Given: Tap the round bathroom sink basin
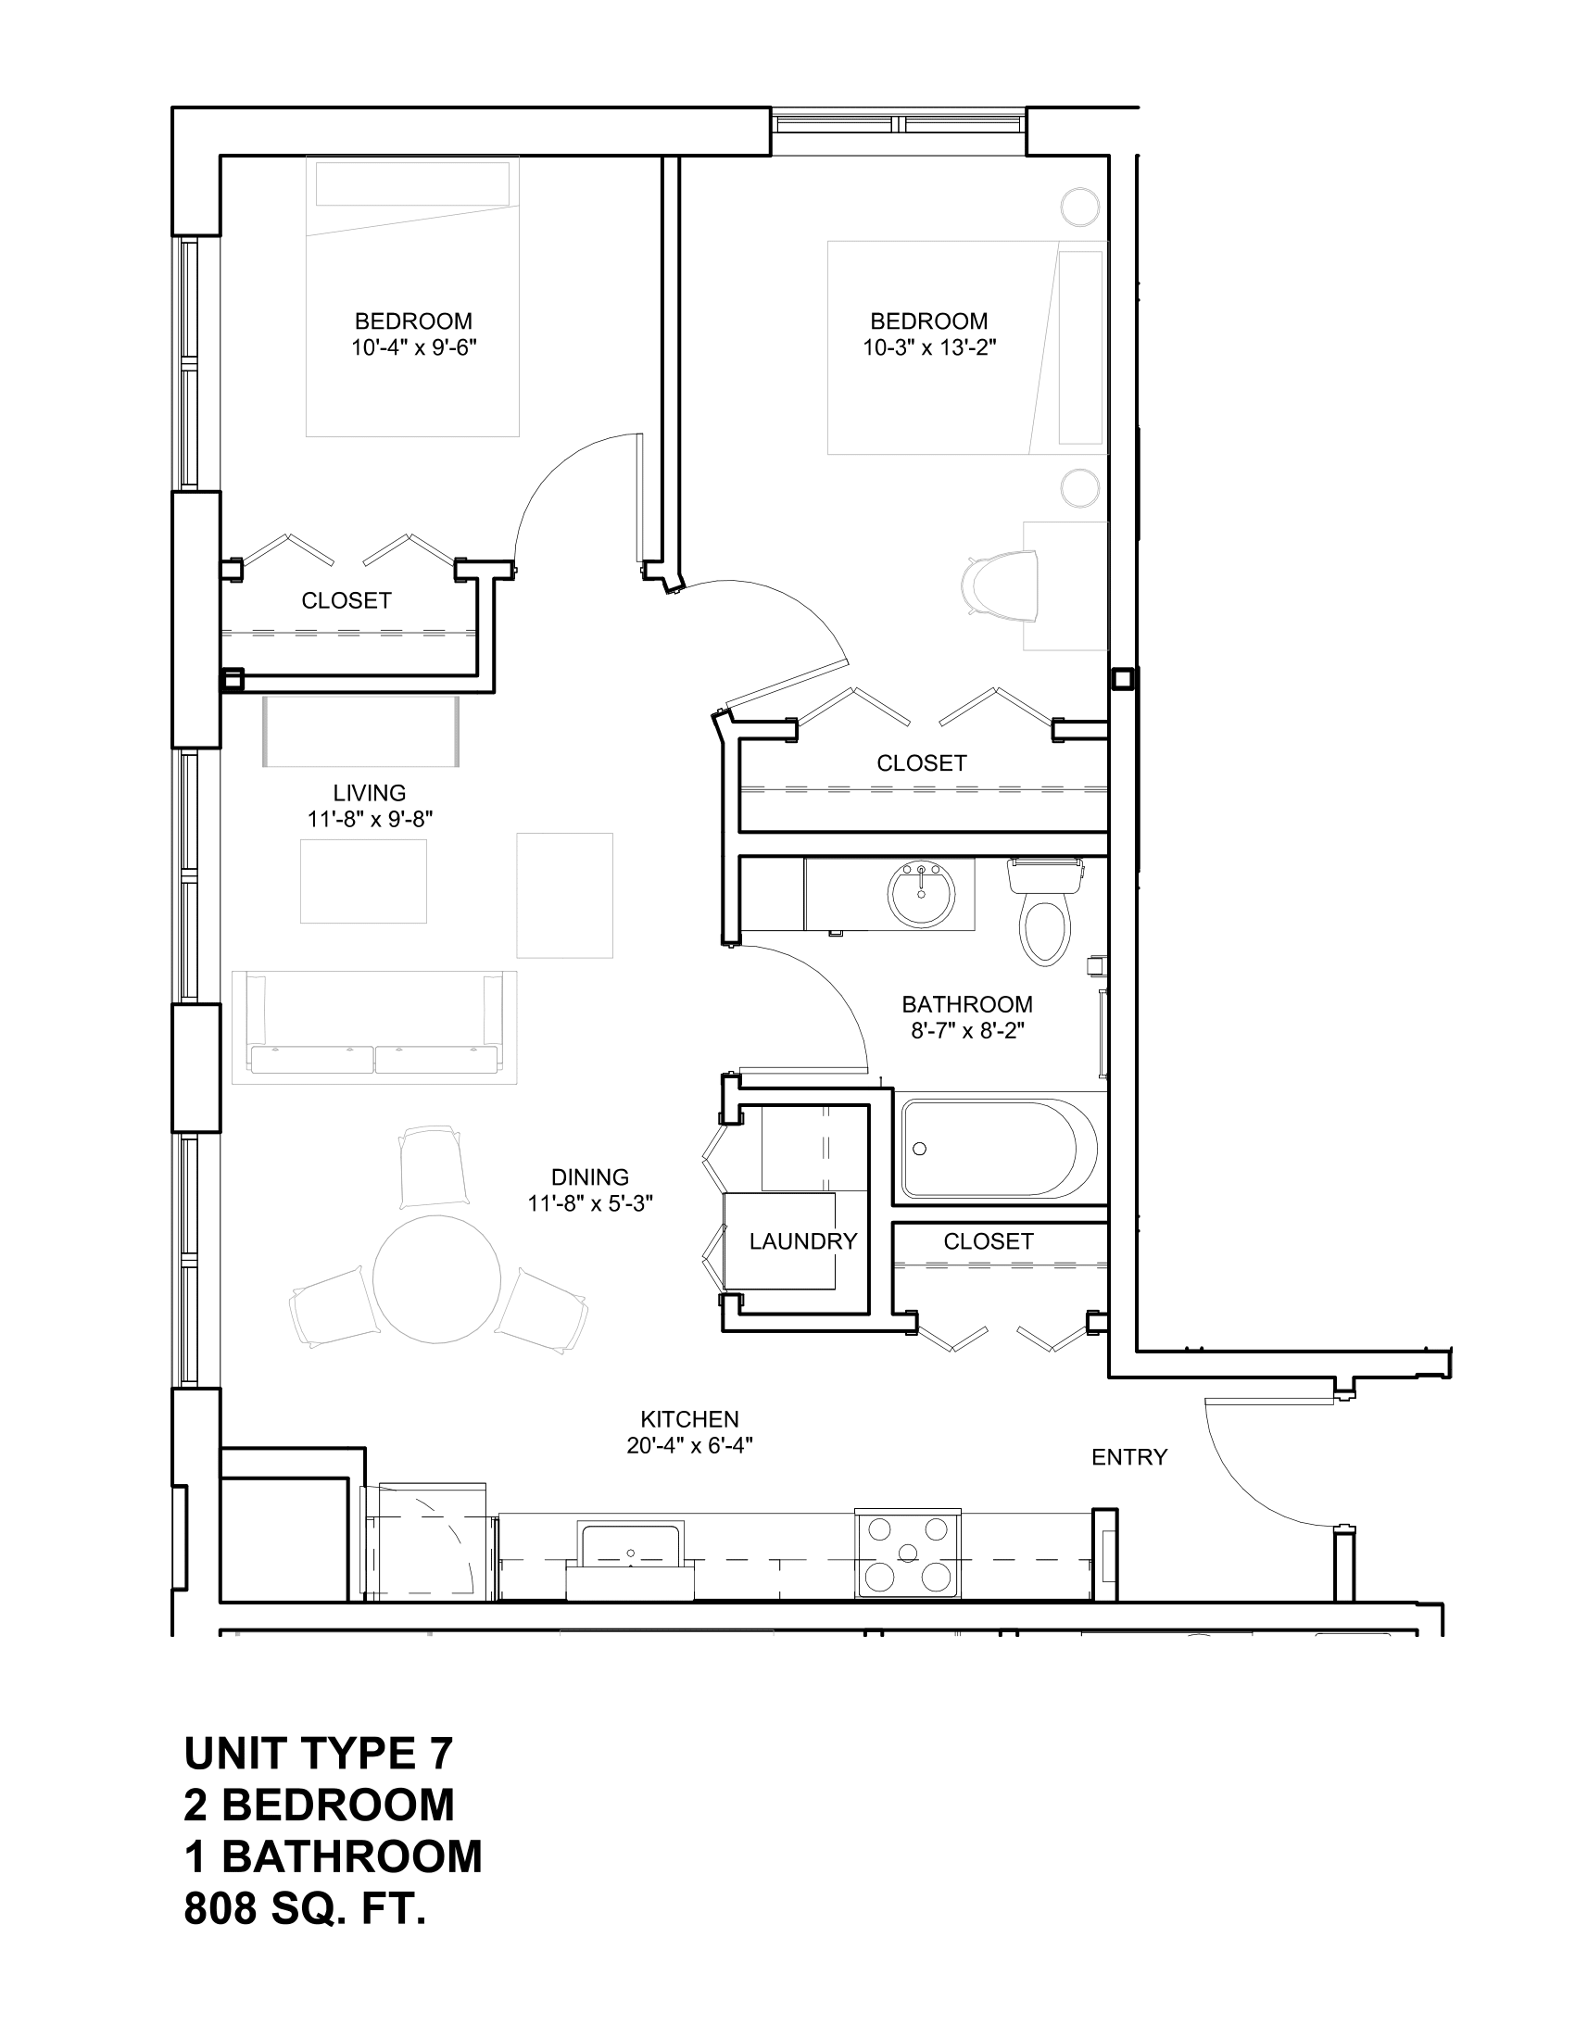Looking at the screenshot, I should (x=921, y=894).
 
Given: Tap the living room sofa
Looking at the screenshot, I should (x=374, y=1027).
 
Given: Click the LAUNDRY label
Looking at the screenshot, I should (x=802, y=1241).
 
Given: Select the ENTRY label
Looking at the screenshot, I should (x=1129, y=1456).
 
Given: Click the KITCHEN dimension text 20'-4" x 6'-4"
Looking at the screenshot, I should (x=689, y=1446).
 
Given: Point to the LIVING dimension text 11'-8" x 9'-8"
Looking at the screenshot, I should (x=371, y=819).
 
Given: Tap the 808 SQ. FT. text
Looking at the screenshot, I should (x=305, y=1909).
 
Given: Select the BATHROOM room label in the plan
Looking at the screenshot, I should (x=966, y=1004).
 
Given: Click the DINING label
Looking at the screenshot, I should (x=589, y=1176).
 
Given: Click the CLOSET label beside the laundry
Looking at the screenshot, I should (x=989, y=1241).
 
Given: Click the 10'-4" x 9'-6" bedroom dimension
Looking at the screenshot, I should (x=414, y=348).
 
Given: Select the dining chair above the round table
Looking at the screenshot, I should (x=433, y=1166).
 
